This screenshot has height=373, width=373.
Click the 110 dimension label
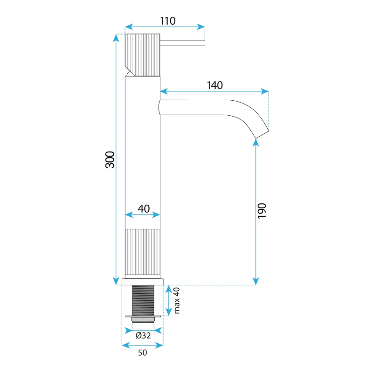[168, 21]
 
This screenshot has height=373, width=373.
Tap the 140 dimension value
[215, 85]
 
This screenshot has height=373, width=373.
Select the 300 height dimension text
[110, 159]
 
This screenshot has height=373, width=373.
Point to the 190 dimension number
[262, 211]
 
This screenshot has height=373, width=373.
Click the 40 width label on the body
[144, 208]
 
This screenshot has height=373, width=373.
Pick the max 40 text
[177, 300]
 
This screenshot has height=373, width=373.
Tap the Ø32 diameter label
[143, 335]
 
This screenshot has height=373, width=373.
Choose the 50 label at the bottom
[143, 352]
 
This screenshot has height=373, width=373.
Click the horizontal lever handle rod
[182, 43]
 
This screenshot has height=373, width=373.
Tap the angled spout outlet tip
[262, 134]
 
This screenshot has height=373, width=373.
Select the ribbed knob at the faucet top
[143, 55]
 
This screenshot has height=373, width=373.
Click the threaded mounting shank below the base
[143, 300]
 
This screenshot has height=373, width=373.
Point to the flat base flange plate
[143, 282]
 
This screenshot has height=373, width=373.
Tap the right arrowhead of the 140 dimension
[265, 91]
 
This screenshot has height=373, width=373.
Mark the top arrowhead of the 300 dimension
[116, 38]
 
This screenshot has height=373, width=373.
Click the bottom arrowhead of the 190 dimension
[256, 281]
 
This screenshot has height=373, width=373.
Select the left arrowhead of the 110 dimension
[129, 27]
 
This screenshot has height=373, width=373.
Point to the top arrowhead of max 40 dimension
[168, 289]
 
